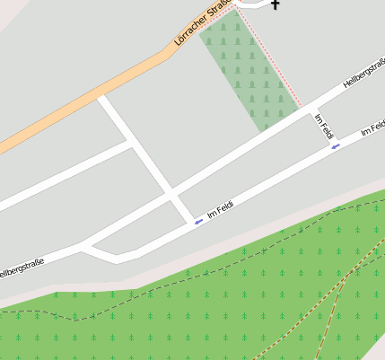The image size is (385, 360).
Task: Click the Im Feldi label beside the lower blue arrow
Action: click(x=220, y=212)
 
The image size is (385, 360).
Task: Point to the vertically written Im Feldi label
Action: click(x=324, y=126)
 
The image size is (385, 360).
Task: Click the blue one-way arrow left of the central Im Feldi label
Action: click(x=197, y=221)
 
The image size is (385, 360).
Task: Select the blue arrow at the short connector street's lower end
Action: click(x=336, y=146)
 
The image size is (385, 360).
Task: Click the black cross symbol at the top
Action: click(x=275, y=5)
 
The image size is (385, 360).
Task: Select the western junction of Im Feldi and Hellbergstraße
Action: click(x=88, y=246)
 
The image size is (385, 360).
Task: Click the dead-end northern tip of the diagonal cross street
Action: click(x=103, y=99)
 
